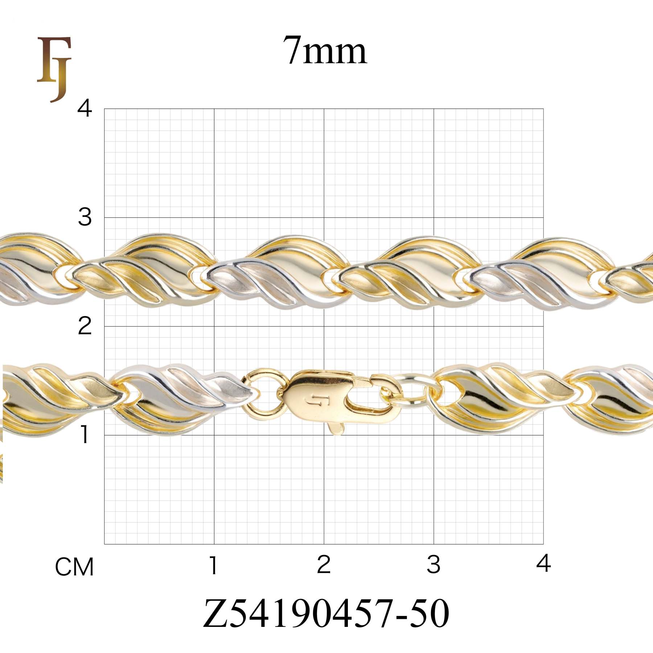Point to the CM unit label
74,567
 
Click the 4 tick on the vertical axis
85,108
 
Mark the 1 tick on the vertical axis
85,435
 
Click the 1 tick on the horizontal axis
214,565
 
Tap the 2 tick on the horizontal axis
324,565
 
